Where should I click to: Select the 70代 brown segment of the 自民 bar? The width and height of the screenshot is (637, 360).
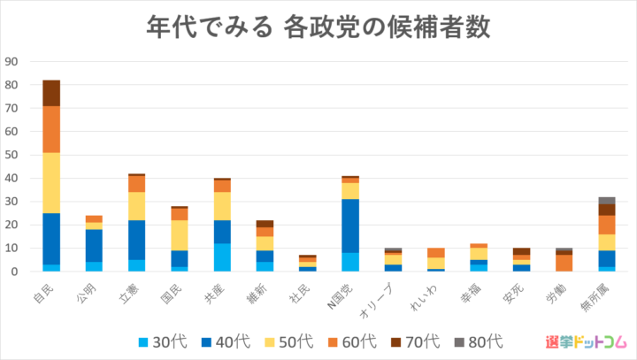point(51,93)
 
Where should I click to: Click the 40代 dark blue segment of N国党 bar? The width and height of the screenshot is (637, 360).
point(351,226)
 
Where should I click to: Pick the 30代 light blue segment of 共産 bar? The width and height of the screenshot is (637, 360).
point(223,257)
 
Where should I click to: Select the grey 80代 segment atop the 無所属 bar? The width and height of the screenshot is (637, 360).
point(607,201)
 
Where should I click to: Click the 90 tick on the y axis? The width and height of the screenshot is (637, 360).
point(12,62)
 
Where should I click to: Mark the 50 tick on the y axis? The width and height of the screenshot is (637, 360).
point(12,155)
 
